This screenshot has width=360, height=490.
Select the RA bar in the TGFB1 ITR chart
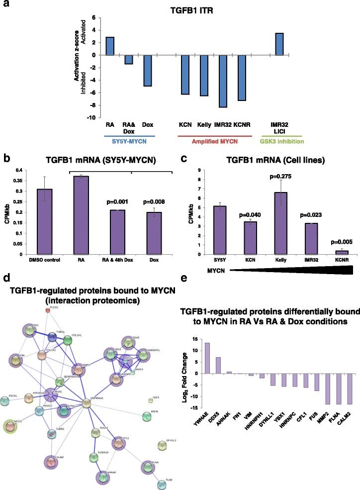tap(110, 46)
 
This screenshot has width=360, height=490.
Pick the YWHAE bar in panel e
tap(207, 372)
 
